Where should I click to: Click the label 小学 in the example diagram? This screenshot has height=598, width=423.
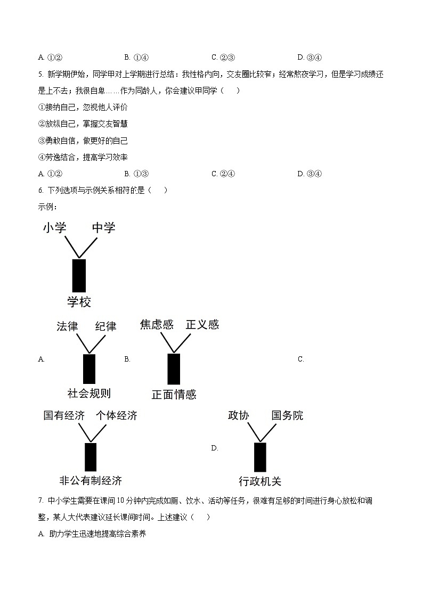(55, 228)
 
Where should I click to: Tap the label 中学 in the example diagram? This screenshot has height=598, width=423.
(103, 228)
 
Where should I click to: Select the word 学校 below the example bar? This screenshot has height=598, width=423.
(79, 302)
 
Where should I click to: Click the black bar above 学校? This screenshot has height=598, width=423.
(79, 275)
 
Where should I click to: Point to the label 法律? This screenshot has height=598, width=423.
(67, 326)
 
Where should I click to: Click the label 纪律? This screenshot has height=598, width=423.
(105, 326)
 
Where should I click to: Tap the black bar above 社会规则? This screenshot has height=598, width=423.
(89, 368)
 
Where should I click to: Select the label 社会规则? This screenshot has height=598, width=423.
(89, 394)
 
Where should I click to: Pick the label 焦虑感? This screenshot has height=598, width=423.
(157, 324)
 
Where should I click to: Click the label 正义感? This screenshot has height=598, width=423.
(202, 324)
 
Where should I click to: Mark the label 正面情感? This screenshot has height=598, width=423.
(174, 395)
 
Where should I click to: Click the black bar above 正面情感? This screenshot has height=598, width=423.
(174, 368)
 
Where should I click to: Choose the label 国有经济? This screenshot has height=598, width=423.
(64, 415)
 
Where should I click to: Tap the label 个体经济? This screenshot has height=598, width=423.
(116, 415)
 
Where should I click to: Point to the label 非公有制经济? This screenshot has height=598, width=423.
(91, 480)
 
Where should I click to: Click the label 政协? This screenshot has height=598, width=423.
(238, 415)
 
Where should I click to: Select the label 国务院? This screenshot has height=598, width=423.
(287, 415)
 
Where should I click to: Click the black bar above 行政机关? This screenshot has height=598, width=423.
(260, 457)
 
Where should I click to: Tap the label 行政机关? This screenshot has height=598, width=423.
(260, 481)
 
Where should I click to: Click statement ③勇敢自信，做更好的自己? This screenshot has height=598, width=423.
(83, 141)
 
